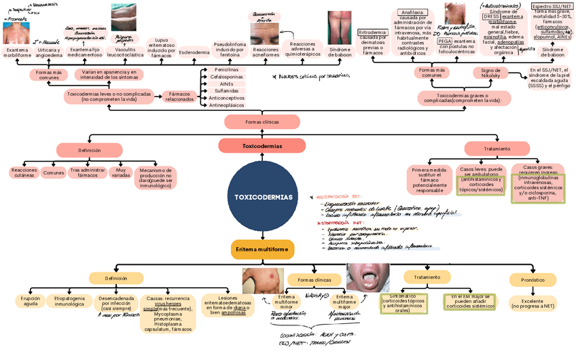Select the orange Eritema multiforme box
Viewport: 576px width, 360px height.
tap(262, 249)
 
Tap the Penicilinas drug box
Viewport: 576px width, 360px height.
tap(226, 70)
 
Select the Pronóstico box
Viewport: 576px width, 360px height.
tap(533, 279)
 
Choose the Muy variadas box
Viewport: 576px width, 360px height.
tap(121, 173)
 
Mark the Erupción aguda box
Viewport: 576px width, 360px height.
tap(31, 301)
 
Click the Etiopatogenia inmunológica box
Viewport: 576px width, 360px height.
tap(69, 301)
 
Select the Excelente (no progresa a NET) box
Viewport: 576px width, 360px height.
tap(533, 303)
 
